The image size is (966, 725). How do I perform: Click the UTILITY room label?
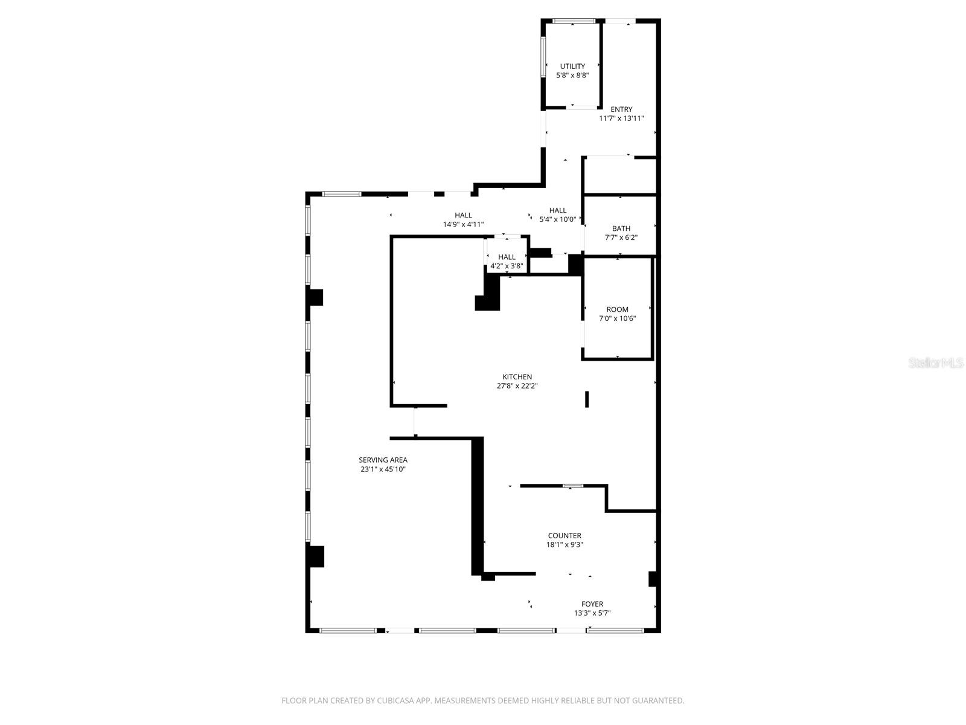[572, 66]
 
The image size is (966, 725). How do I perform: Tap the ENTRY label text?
[621, 109]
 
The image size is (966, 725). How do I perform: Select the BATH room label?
[621, 228]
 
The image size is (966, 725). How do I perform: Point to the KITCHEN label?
[517, 377]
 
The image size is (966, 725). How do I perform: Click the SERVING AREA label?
[383, 460]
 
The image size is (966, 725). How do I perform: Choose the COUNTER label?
[565, 536]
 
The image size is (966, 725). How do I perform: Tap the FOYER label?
[592, 604]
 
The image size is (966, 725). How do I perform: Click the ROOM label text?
[617, 309]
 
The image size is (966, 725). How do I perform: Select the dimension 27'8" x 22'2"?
[517, 386]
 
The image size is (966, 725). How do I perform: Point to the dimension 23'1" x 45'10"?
[383, 469]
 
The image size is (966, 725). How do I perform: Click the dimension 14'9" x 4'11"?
[463, 225]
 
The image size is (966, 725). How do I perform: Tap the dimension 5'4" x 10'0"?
[558, 220]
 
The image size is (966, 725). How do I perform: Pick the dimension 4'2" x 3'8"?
[507, 266]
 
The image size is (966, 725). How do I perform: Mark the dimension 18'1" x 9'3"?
[565, 544]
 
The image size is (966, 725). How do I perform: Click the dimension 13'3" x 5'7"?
[592, 613]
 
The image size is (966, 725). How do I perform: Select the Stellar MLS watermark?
[936, 362]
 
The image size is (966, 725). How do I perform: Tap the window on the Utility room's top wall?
[574, 21]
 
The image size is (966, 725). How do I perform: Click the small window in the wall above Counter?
[572, 486]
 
